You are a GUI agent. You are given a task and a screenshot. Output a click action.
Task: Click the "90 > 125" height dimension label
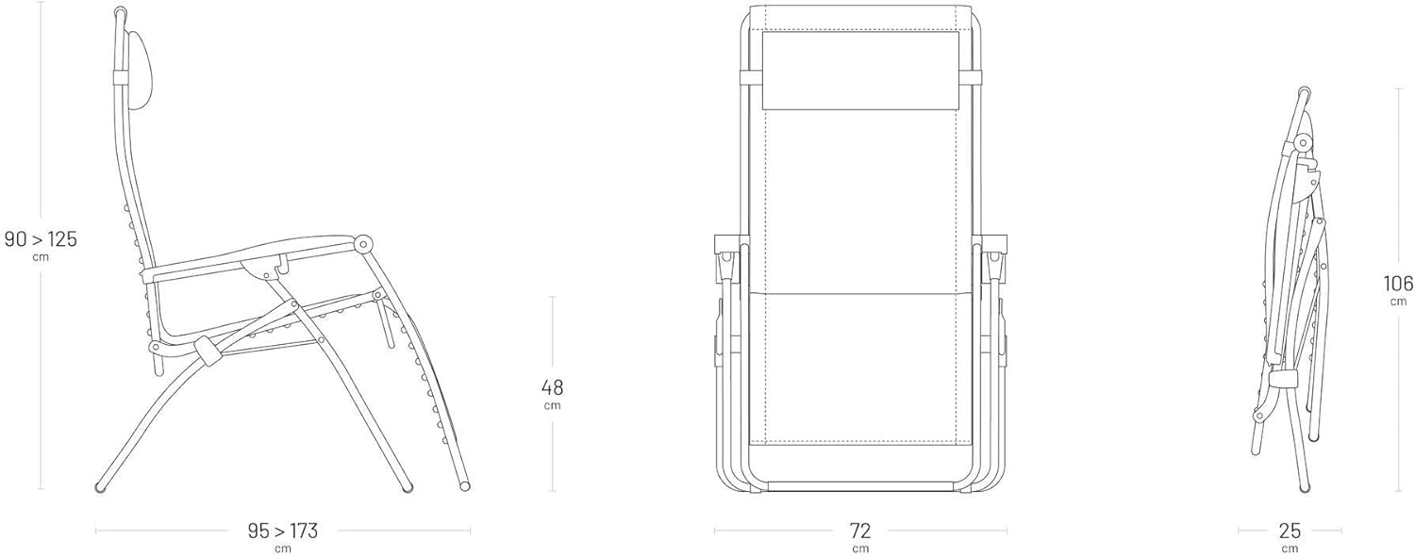coord(41,239)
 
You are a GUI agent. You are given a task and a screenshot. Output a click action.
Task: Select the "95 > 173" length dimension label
coord(282,531)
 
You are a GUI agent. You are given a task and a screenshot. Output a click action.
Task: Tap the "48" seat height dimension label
coord(552,387)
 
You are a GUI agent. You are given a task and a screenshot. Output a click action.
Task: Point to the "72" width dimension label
coord(860,531)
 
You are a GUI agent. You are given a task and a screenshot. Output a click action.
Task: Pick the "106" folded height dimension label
coord(1398,284)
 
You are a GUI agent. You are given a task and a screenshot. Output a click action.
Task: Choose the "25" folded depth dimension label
coord(1290,531)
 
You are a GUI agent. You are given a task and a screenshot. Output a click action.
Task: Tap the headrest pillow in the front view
coord(860,71)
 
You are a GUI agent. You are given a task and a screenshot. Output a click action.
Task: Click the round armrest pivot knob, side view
coord(363,244)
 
